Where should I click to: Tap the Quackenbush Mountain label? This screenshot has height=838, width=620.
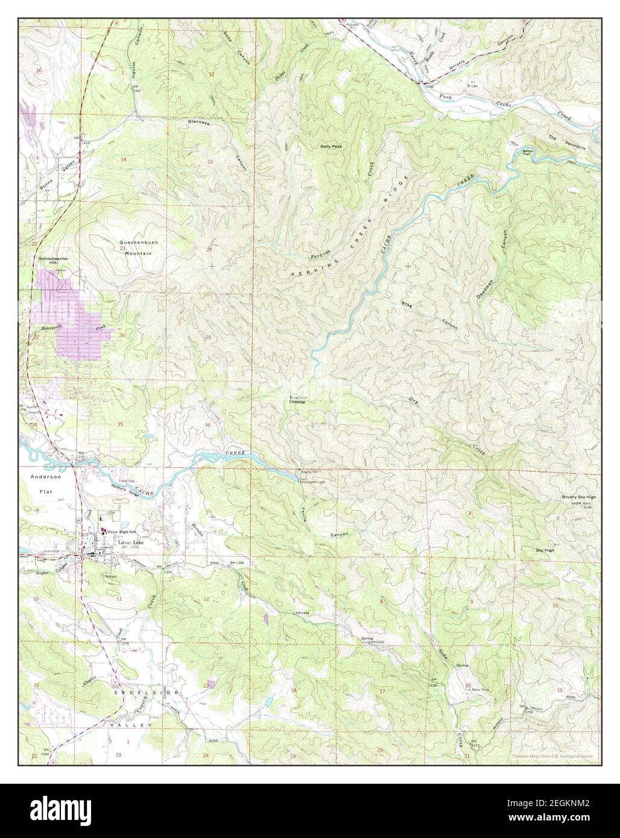click(139, 248)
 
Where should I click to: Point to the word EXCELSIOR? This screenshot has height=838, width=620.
click(145, 693)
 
